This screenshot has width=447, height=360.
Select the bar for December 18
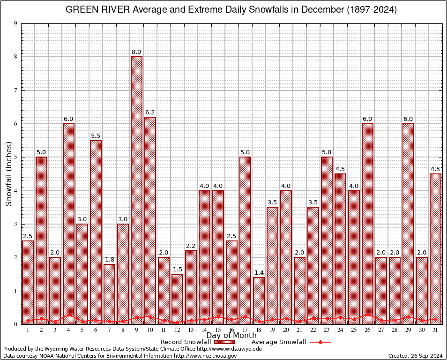(259, 300)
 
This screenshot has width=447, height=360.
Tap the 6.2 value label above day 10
(150, 112)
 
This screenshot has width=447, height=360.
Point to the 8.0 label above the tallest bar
(136, 52)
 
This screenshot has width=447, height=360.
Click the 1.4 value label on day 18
(259, 273)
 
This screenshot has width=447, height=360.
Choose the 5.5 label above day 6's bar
(96, 136)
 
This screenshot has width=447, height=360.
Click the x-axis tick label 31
(435, 330)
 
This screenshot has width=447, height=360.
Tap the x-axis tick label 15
(218, 330)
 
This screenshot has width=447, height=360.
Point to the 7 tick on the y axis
(15, 90)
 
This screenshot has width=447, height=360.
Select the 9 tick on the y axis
(15, 23)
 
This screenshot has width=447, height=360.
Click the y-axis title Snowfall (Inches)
(9, 173)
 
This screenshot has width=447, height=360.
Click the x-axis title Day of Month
(231, 336)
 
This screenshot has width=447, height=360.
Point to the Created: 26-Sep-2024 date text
(416, 356)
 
